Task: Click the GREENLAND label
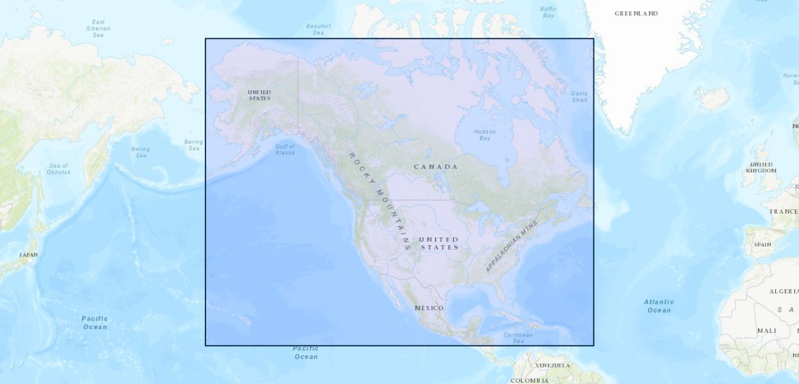(x=636, y=13)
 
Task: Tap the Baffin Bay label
(x=548, y=12)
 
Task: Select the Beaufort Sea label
(x=318, y=29)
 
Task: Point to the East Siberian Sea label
(x=98, y=28)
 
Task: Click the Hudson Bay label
(x=485, y=135)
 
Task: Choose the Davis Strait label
(x=579, y=97)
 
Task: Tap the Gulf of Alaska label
(x=285, y=150)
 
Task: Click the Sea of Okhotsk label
(x=58, y=169)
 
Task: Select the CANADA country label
(x=436, y=167)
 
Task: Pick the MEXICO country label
(x=429, y=308)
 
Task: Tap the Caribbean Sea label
(x=518, y=338)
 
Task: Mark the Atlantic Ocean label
(x=659, y=306)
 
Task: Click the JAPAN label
(x=29, y=255)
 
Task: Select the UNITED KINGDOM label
(x=761, y=168)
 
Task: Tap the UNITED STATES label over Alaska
(x=259, y=95)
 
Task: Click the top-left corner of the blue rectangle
(x=206, y=38)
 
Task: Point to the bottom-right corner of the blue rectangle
(x=593, y=346)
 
